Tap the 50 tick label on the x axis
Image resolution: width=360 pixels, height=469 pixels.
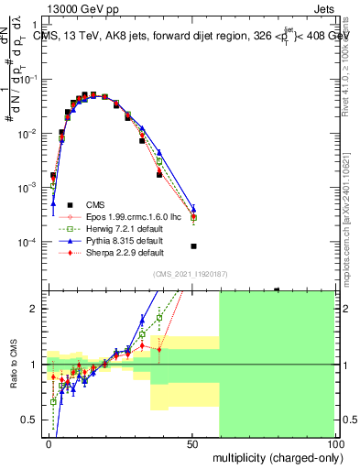click(192, 442)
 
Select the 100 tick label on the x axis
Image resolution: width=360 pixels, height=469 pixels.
click(335, 442)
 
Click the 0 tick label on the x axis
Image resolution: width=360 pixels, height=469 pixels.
click(49, 442)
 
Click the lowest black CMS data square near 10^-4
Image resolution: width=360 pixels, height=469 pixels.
click(193, 246)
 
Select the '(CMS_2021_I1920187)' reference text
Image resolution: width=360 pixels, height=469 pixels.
click(189, 274)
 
